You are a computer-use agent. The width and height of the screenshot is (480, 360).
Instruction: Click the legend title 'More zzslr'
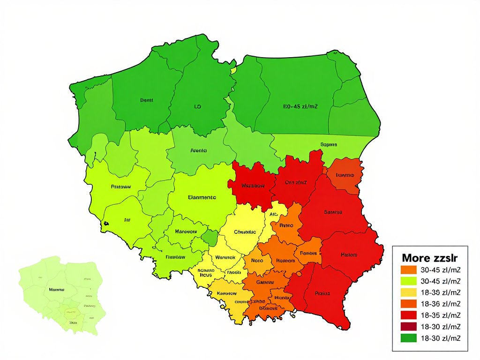point(430,257)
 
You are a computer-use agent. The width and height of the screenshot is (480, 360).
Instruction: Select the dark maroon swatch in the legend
point(409,326)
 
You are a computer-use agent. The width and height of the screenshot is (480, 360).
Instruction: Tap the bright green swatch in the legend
point(409,337)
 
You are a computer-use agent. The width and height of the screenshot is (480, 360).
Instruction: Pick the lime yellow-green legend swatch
point(409,281)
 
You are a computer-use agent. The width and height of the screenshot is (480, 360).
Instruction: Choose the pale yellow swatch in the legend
point(409,292)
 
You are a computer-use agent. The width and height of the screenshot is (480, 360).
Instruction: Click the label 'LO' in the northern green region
point(197,107)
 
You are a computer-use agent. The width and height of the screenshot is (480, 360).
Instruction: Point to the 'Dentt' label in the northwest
point(147,100)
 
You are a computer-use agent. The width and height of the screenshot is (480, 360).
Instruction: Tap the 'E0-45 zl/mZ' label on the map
point(300,107)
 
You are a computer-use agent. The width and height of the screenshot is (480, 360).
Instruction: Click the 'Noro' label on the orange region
point(257,260)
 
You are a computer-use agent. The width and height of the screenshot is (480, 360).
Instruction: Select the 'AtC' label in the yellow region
point(274,214)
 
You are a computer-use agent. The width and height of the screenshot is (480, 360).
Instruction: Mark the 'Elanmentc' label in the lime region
point(202,197)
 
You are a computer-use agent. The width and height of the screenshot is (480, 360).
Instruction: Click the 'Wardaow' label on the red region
point(253,186)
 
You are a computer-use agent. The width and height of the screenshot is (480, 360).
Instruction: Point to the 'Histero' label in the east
point(349,255)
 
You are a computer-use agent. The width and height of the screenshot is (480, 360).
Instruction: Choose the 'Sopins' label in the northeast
point(329,144)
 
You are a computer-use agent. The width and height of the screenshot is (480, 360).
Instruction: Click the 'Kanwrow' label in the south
point(227,293)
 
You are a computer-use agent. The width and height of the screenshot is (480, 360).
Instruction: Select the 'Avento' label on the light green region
point(199,151)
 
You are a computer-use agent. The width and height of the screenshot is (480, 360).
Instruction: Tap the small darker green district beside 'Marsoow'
point(210,237)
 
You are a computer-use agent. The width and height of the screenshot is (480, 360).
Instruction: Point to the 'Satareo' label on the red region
point(333,212)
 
